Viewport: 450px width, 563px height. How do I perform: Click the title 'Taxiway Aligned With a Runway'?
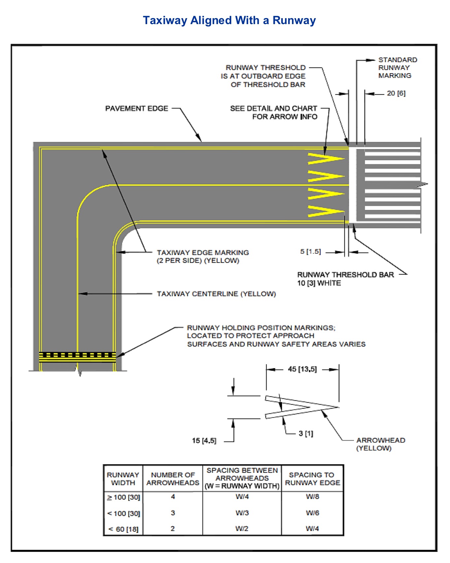229,20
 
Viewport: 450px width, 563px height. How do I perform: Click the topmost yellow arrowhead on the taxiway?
325,159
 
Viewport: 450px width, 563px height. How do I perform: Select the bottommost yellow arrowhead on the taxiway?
325,211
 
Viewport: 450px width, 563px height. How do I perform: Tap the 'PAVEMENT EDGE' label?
137,108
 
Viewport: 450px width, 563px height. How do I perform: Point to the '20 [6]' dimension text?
396,93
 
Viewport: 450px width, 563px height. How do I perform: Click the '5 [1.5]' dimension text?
310,252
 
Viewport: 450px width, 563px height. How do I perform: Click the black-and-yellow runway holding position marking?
77,357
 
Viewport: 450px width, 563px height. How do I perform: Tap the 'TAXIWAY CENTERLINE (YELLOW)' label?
216,294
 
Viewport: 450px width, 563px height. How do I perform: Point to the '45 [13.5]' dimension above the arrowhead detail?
302,369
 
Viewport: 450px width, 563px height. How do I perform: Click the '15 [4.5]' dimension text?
204,441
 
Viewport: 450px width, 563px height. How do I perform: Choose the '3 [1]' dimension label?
306,434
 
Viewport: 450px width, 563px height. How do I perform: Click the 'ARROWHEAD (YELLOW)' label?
380,444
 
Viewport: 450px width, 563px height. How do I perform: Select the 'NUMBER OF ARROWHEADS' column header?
173,479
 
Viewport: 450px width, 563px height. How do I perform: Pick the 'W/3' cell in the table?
242,513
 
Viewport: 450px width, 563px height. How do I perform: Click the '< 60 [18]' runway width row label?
123,529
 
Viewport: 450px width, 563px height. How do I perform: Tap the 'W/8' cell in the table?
312,497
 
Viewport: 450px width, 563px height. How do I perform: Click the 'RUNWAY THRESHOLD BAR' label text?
345,275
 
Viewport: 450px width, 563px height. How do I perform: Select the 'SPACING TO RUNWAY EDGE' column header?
312,479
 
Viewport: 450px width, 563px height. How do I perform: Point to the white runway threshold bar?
352,185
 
